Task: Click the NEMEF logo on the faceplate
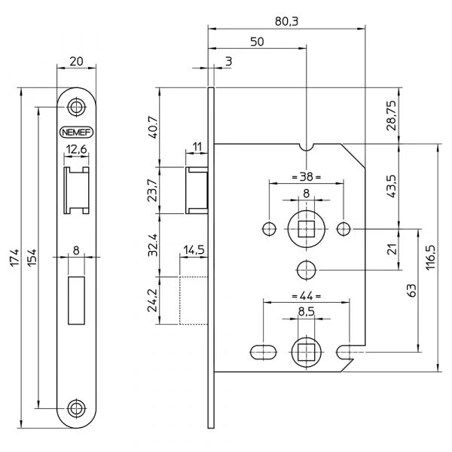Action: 76,133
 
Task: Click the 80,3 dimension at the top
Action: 286,21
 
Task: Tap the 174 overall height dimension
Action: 15,258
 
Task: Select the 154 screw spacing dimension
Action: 32,258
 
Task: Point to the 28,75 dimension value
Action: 392,115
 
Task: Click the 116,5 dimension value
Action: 430,258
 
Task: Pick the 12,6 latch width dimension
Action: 76,149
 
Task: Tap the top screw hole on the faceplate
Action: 76,108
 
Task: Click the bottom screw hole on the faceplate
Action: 76,408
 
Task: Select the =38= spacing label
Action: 307,177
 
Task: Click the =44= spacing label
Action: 307,296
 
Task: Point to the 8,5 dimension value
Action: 307,312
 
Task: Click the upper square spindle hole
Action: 307,229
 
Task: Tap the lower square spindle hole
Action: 307,353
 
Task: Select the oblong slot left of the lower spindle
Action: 263,353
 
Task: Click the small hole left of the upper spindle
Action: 269,229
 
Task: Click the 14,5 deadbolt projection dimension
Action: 194,249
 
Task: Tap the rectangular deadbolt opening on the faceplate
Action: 76,301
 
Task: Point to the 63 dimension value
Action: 412,290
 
